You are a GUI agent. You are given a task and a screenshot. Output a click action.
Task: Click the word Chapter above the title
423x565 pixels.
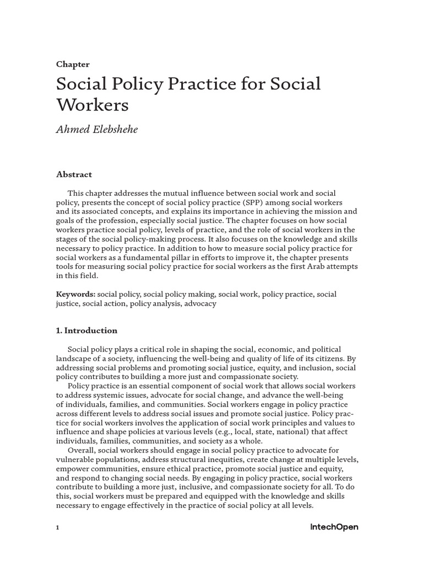(73, 65)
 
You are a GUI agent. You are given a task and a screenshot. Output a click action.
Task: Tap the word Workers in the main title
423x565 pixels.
(92, 105)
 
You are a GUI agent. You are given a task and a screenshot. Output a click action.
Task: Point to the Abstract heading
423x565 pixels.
(74, 174)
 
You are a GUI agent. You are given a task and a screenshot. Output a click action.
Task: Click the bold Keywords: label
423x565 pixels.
(75, 294)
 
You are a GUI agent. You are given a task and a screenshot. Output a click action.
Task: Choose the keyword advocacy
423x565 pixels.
(200, 303)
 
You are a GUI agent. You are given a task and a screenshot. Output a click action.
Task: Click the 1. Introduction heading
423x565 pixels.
(86, 331)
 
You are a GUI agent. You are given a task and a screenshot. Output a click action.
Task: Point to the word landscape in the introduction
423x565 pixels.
(74, 359)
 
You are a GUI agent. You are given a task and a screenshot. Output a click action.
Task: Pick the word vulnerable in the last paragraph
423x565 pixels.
(75, 460)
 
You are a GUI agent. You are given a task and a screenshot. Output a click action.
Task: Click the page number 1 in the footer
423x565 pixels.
(57, 527)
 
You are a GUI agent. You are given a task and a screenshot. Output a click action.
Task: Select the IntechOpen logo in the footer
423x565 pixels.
(334, 527)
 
